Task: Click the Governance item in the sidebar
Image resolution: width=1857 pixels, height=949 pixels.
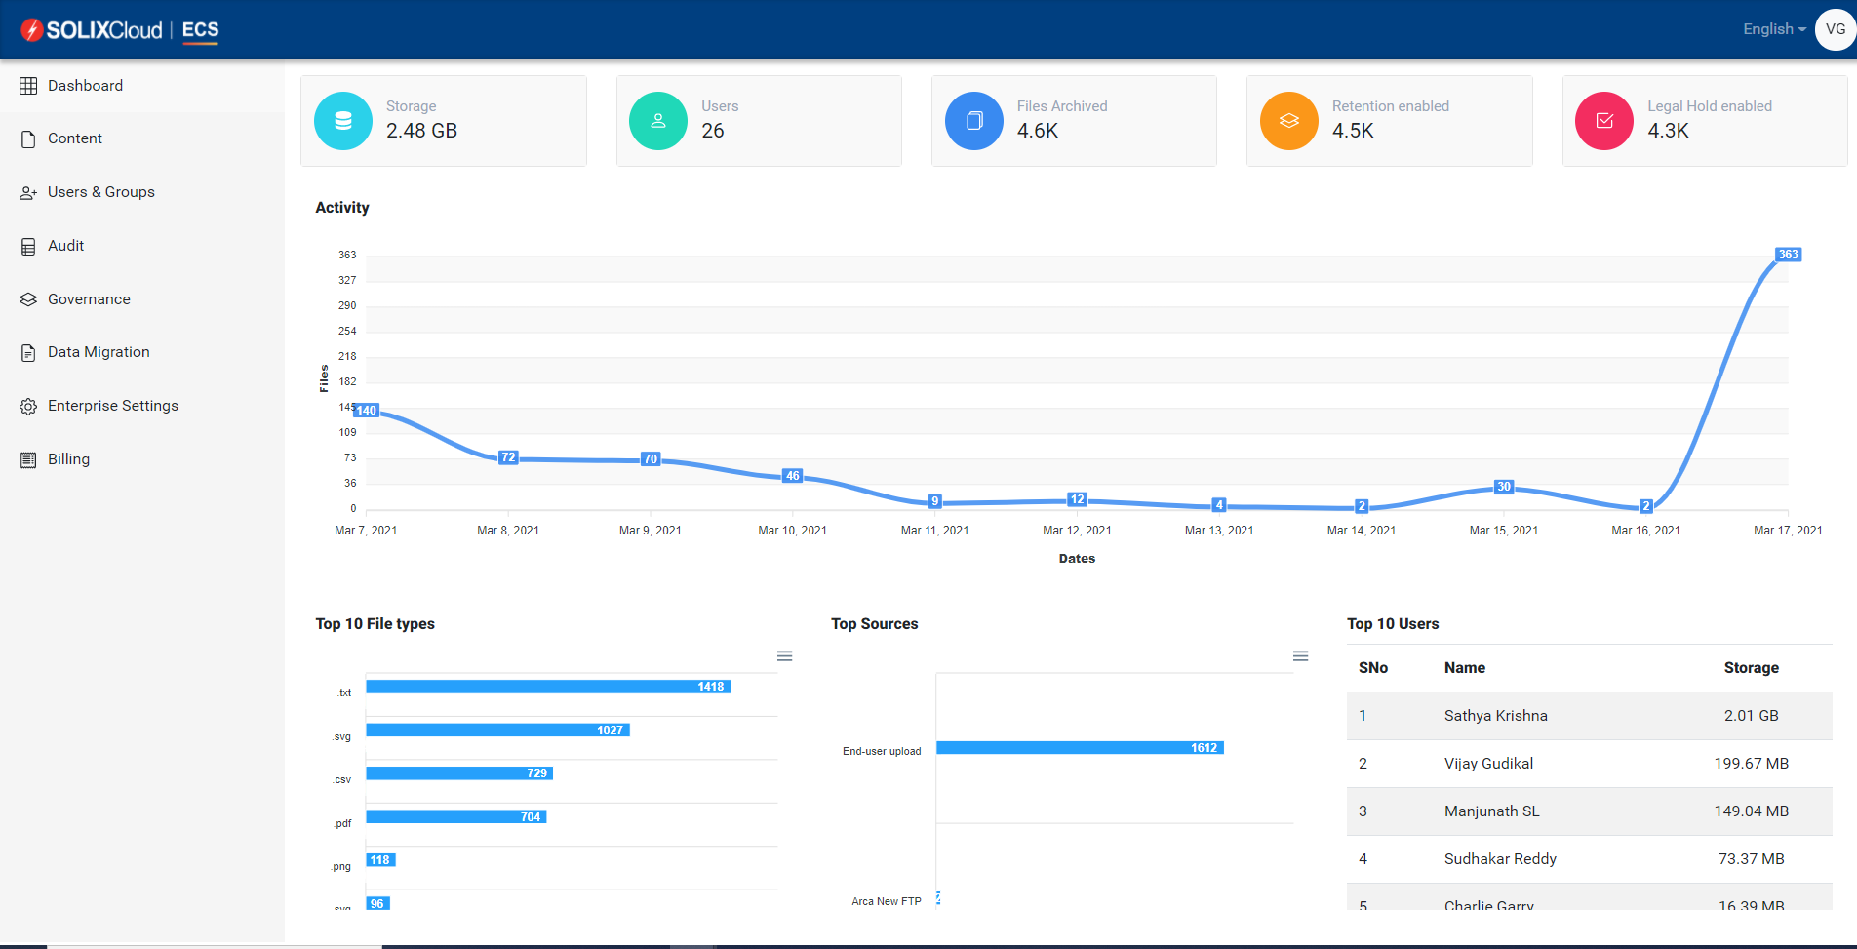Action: pos(88,299)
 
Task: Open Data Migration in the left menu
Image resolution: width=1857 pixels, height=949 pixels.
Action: pos(98,352)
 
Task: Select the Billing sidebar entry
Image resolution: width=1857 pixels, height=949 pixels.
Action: pos(68,459)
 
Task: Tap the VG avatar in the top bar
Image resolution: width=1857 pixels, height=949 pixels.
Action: pos(1835,29)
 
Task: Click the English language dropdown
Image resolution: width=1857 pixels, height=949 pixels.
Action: pos(1773,29)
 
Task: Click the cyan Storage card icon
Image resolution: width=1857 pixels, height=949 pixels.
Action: pos(343,121)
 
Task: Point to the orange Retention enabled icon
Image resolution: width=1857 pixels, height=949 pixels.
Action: pos(1288,121)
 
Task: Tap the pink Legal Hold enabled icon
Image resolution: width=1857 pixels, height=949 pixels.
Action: pos(1603,121)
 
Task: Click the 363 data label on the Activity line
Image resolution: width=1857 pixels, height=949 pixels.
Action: pos(1788,255)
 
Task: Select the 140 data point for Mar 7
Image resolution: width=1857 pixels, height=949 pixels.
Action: pos(366,411)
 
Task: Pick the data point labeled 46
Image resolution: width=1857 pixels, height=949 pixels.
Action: pos(793,476)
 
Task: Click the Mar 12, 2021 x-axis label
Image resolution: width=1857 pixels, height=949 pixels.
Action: pos(1077,531)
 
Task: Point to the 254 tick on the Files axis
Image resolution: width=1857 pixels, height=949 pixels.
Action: pos(347,331)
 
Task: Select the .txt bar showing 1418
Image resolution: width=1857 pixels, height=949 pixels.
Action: pos(547,687)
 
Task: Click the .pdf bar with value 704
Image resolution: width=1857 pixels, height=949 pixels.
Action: pos(455,816)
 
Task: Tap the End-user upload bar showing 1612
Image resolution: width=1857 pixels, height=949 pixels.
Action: pos(1079,748)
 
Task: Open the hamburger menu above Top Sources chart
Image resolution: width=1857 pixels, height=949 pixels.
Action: pos(1300,656)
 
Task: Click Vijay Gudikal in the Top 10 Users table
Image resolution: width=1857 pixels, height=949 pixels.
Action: pos(1488,764)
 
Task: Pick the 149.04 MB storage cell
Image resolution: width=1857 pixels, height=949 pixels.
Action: pos(1751,811)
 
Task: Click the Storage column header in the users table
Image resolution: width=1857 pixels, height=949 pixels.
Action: pos(1751,668)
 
